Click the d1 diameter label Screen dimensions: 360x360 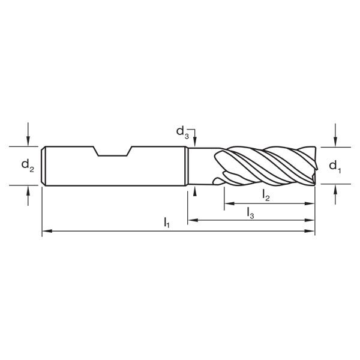336,166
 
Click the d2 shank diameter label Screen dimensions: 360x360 28,165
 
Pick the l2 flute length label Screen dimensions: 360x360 266,194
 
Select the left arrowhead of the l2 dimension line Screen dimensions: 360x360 228,204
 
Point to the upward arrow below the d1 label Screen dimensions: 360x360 336,190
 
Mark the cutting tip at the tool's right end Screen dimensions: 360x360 313,166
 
